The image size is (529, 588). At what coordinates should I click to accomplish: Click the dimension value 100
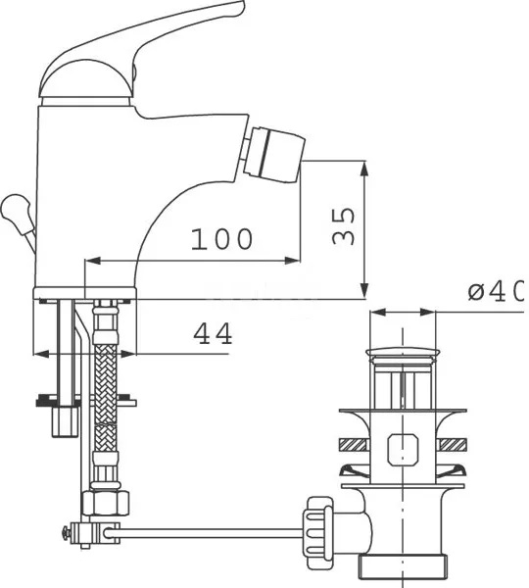pyautogui.click(x=221, y=238)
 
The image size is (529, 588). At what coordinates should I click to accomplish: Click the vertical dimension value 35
pyautogui.click(x=342, y=226)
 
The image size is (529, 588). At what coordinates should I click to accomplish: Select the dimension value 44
pyautogui.click(x=212, y=334)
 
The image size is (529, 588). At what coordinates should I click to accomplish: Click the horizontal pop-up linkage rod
pyautogui.click(x=206, y=533)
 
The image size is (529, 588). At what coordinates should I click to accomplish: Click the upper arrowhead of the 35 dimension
pyautogui.click(x=364, y=167)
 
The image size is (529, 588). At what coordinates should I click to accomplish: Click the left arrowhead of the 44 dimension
pyautogui.click(x=39, y=353)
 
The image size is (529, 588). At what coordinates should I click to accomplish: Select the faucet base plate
pyautogui.click(x=86, y=293)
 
